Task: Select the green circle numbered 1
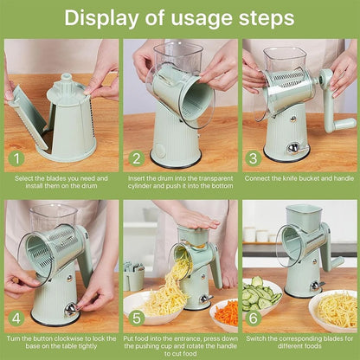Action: (16, 158)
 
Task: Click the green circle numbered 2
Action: (135, 158)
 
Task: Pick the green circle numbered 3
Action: (254, 158)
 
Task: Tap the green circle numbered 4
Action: (16, 318)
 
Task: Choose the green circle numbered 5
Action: (135, 318)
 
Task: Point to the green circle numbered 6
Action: (254, 318)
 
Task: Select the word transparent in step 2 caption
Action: (207, 177)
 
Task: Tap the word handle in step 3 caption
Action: (335, 177)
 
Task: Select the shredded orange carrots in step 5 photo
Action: (225, 312)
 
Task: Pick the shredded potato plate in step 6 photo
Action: (333, 307)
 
